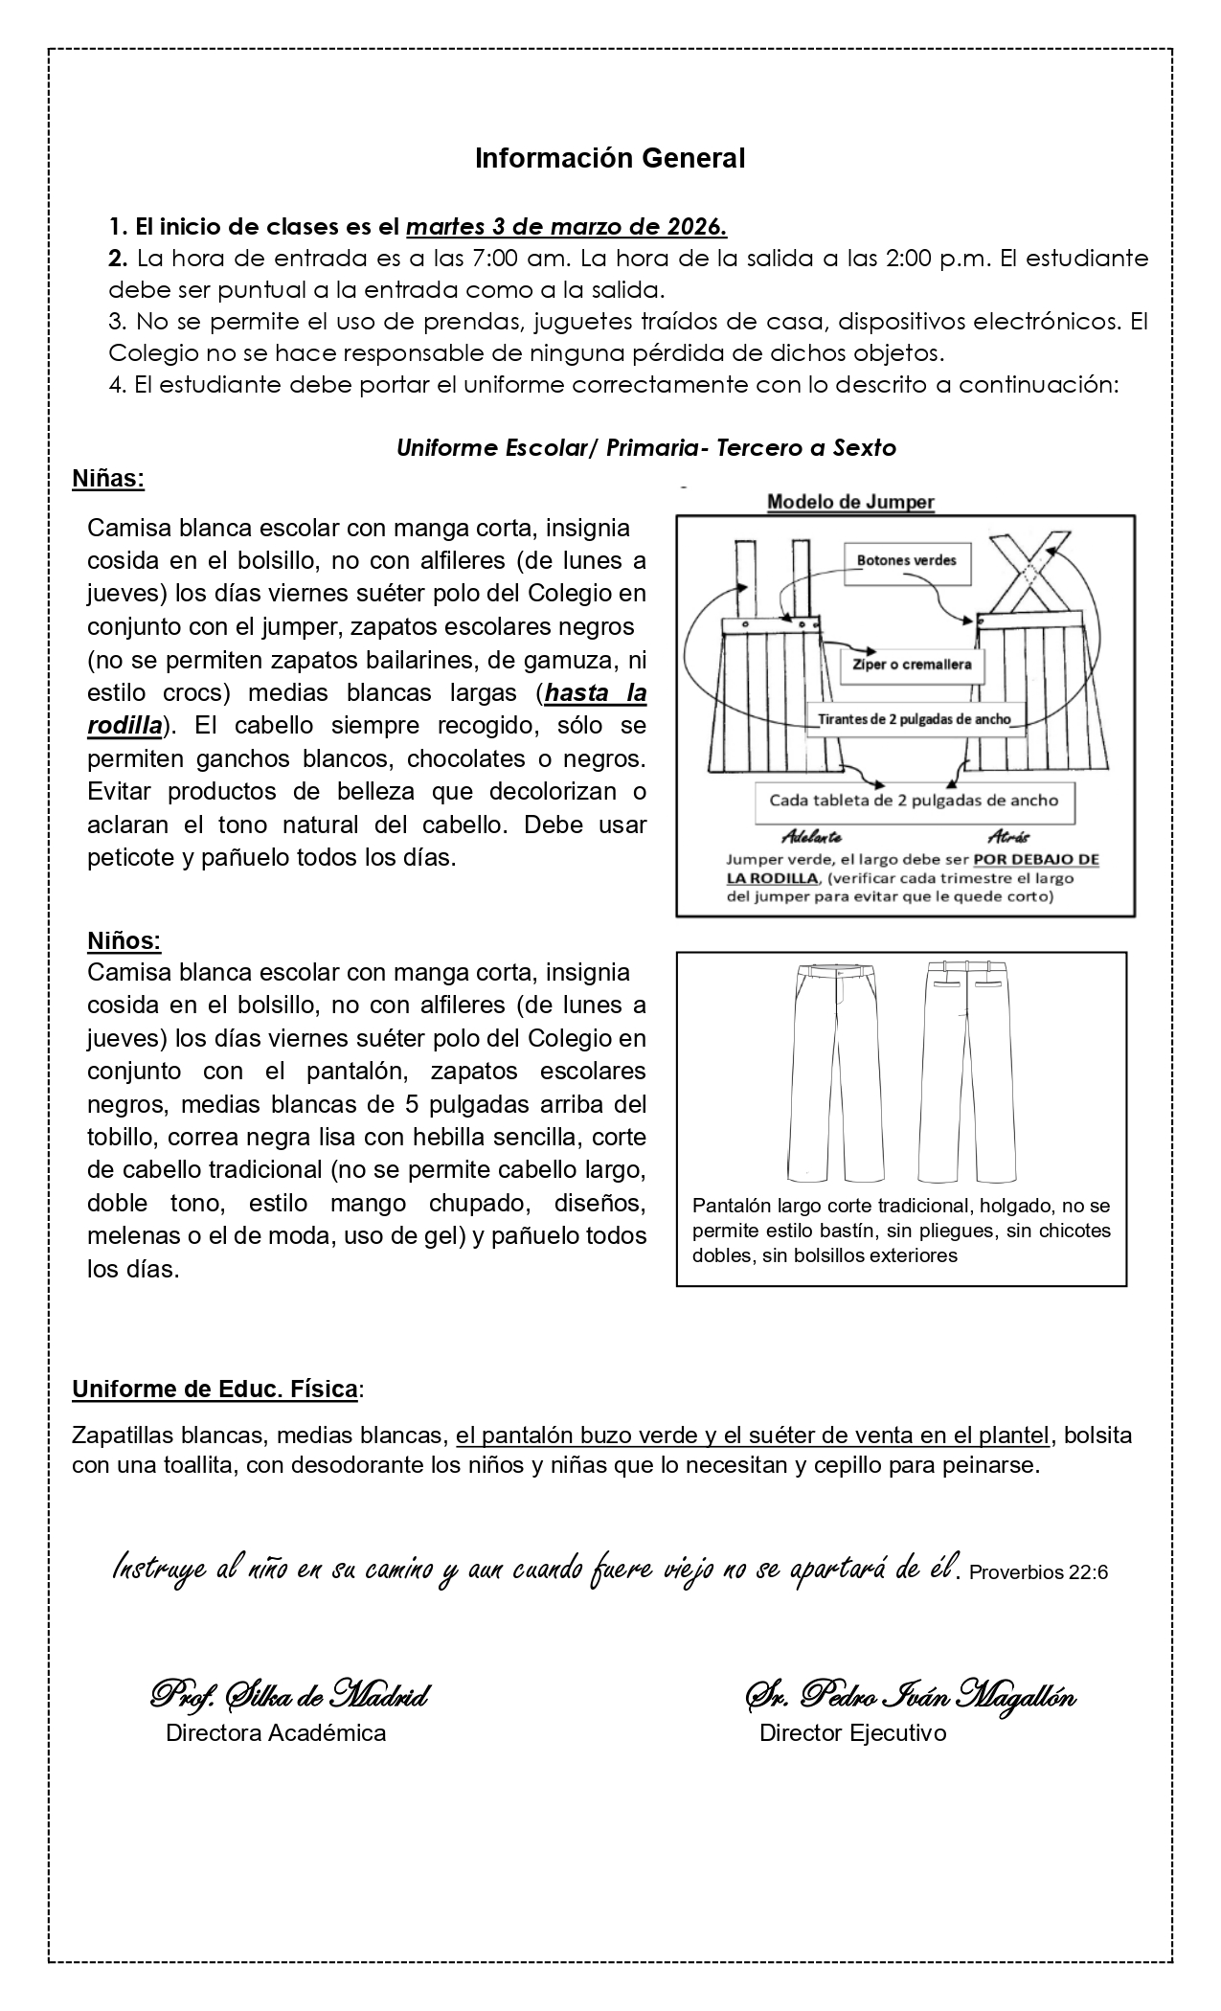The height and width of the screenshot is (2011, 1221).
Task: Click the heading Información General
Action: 610,159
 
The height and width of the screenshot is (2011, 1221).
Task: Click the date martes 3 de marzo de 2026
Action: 567,228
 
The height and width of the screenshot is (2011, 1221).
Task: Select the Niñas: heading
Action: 108,479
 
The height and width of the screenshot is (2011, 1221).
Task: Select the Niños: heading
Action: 124,940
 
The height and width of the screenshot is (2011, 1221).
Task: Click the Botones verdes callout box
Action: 906,560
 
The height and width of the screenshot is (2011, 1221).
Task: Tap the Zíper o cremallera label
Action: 911,665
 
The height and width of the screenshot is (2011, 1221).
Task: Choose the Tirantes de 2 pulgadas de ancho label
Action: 915,719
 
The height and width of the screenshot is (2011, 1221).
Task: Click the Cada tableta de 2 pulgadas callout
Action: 914,800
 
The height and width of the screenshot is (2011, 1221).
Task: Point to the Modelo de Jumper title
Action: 850,501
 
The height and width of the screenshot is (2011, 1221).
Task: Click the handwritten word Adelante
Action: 811,836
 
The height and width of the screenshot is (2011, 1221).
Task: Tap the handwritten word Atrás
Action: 1008,836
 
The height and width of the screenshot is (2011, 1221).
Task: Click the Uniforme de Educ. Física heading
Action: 216,1390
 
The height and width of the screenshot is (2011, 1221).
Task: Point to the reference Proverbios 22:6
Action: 1039,1572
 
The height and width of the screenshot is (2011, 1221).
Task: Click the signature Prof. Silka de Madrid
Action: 288,1696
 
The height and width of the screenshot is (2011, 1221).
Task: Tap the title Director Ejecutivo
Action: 852,1732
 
